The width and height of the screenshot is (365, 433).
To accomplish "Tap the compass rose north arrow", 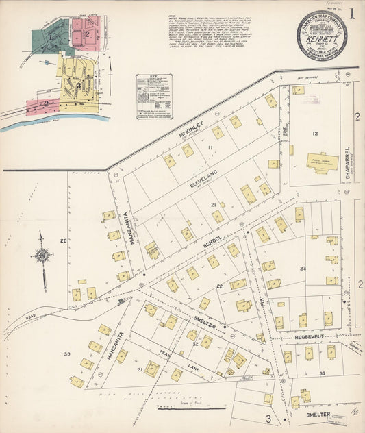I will (42, 256).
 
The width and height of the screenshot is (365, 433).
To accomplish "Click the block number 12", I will (315, 133).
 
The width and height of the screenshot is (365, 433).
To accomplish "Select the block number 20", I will (63, 240).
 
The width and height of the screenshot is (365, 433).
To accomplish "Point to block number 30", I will (67, 354).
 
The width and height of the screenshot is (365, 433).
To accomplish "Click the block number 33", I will (321, 373).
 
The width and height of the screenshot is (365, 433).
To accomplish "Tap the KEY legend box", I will (153, 96).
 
